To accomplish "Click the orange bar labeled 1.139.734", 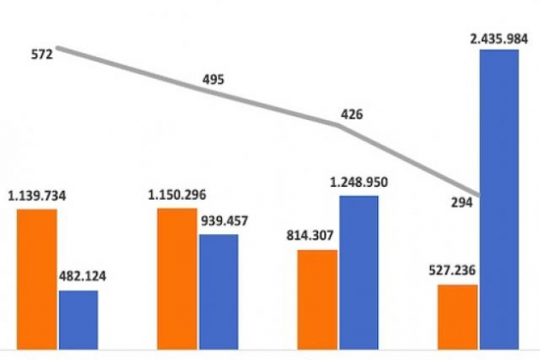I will pyautogui.click(x=37, y=279).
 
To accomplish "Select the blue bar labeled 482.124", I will pyautogui.click(x=78, y=319).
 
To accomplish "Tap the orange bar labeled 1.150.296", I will pyautogui.click(x=177, y=278).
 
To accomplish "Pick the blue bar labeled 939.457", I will pyautogui.click(x=219, y=291).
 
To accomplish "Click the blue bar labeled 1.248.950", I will pyautogui.click(x=358, y=271).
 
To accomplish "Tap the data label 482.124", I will pyautogui.click(x=78, y=278).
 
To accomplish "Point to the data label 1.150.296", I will pyautogui.click(x=177, y=195).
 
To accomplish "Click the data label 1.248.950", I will pyautogui.click(x=358, y=183).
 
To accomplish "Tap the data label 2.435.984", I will pyautogui.click(x=499, y=38).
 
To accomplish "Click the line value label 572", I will pyautogui.click(x=40, y=55).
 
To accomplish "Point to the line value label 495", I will pyautogui.click(x=213, y=80).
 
